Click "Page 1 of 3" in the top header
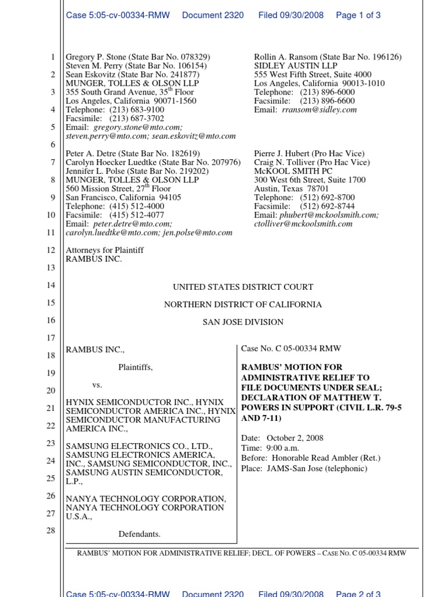(358, 15)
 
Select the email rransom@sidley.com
(320, 110)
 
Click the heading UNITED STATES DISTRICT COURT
(243, 287)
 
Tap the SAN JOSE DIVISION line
(243, 322)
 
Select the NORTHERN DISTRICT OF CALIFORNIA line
(243, 304)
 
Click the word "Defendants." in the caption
(139, 534)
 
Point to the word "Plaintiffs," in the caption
(136, 367)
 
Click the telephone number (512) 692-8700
(327, 198)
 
